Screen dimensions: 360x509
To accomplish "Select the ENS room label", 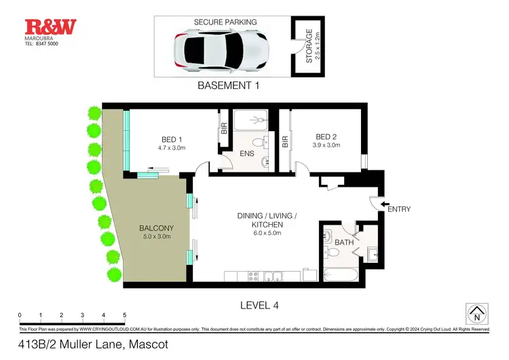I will coord(246,154).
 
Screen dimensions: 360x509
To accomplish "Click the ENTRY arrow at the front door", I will coord(384,204).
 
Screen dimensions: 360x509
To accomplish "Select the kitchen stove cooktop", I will coord(254,276).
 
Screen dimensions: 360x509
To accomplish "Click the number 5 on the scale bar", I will coord(124,315).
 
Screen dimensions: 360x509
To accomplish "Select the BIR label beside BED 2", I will coord(285,142).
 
